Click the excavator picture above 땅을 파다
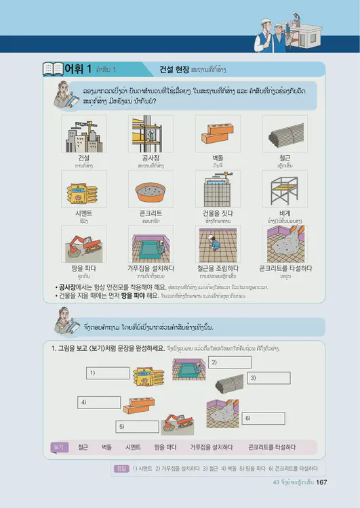pyautogui.click(x=84, y=243)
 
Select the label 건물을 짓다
pyautogui.click(x=218, y=212)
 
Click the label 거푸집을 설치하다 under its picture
pyautogui.click(x=151, y=268)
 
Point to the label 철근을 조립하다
pyautogui.click(x=218, y=268)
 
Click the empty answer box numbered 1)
pyautogui.click(x=108, y=373)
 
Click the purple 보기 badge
pyautogui.click(x=59, y=447)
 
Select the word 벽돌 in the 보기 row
pyautogui.click(x=106, y=447)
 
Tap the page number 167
pyautogui.click(x=322, y=482)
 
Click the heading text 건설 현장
pyautogui.click(x=174, y=69)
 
